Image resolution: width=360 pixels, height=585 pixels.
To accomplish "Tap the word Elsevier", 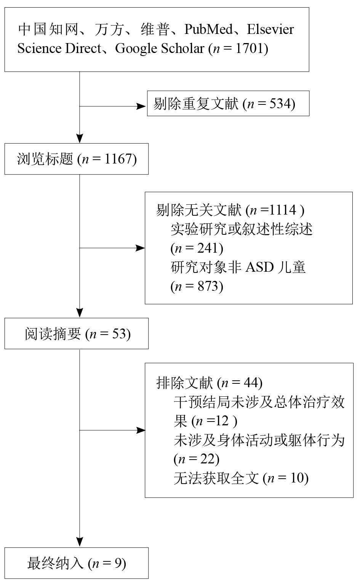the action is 270,29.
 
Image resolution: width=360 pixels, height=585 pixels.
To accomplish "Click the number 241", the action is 208,248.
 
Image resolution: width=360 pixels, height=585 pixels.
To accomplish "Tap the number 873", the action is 208,286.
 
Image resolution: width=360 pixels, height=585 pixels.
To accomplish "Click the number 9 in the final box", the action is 118,563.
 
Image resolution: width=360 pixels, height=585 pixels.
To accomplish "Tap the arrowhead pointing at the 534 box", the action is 141,106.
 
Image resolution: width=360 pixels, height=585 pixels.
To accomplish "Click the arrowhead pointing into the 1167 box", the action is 80,138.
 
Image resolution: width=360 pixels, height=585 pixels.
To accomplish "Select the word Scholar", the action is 182,48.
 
